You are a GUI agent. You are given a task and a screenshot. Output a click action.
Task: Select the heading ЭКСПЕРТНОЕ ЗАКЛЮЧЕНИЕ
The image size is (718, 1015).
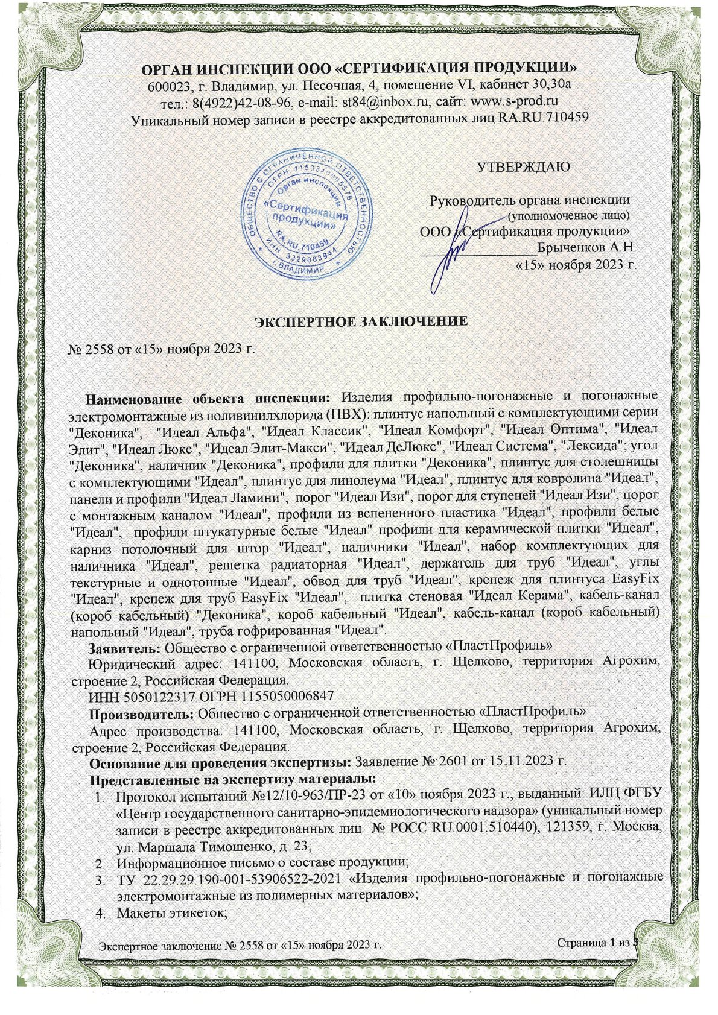coord(360,321)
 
